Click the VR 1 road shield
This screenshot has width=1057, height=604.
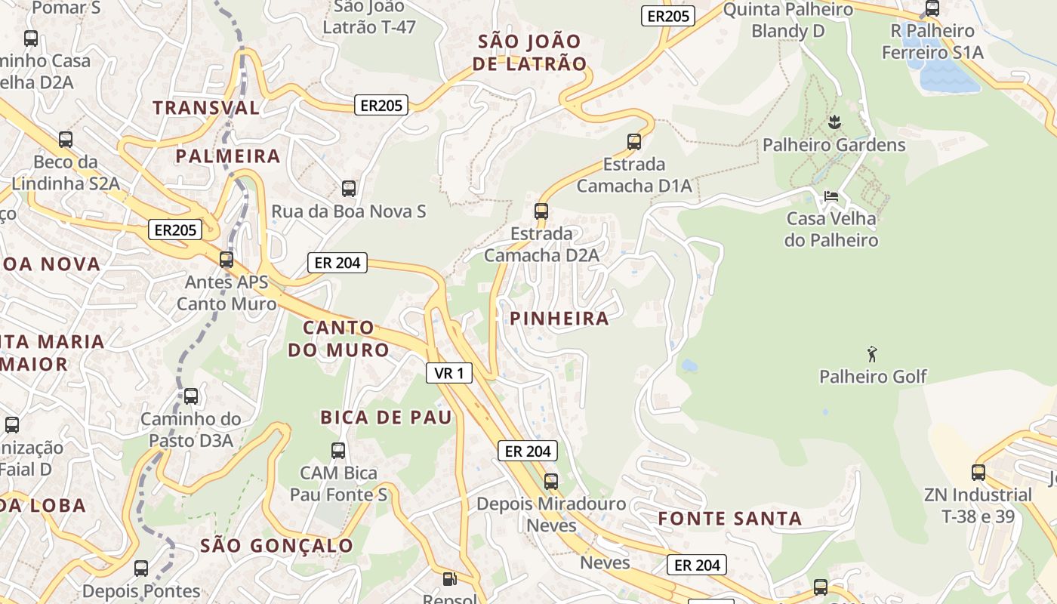pos(449,372)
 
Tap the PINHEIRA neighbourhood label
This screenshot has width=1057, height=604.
pos(559,319)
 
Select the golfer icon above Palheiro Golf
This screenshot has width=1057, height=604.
pos(873,353)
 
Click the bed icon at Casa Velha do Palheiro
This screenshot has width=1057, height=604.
pos(830,196)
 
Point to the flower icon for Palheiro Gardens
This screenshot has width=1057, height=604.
pos(834,122)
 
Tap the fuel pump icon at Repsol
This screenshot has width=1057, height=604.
pos(449,579)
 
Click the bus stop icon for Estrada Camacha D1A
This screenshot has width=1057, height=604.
pos(634,141)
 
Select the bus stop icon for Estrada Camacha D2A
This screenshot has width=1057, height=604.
pos(541,211)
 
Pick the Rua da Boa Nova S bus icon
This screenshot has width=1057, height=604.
pos(348,189)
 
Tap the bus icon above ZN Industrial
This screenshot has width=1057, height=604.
pos(978,473)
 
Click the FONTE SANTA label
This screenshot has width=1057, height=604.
pos(729,519)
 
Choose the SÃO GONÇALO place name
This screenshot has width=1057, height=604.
pos(277,546)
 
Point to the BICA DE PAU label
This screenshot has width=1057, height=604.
pos(386,418)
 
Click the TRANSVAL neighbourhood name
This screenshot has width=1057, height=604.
pos(206,108)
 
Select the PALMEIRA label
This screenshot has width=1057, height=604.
pos(228,156)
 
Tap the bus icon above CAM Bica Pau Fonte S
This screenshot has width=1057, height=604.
pos(338,451)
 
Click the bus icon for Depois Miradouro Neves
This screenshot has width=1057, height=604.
pos(551,481)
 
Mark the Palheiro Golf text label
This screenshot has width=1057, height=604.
pos(873,376)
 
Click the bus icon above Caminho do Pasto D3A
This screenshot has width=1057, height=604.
pos(191,396)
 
